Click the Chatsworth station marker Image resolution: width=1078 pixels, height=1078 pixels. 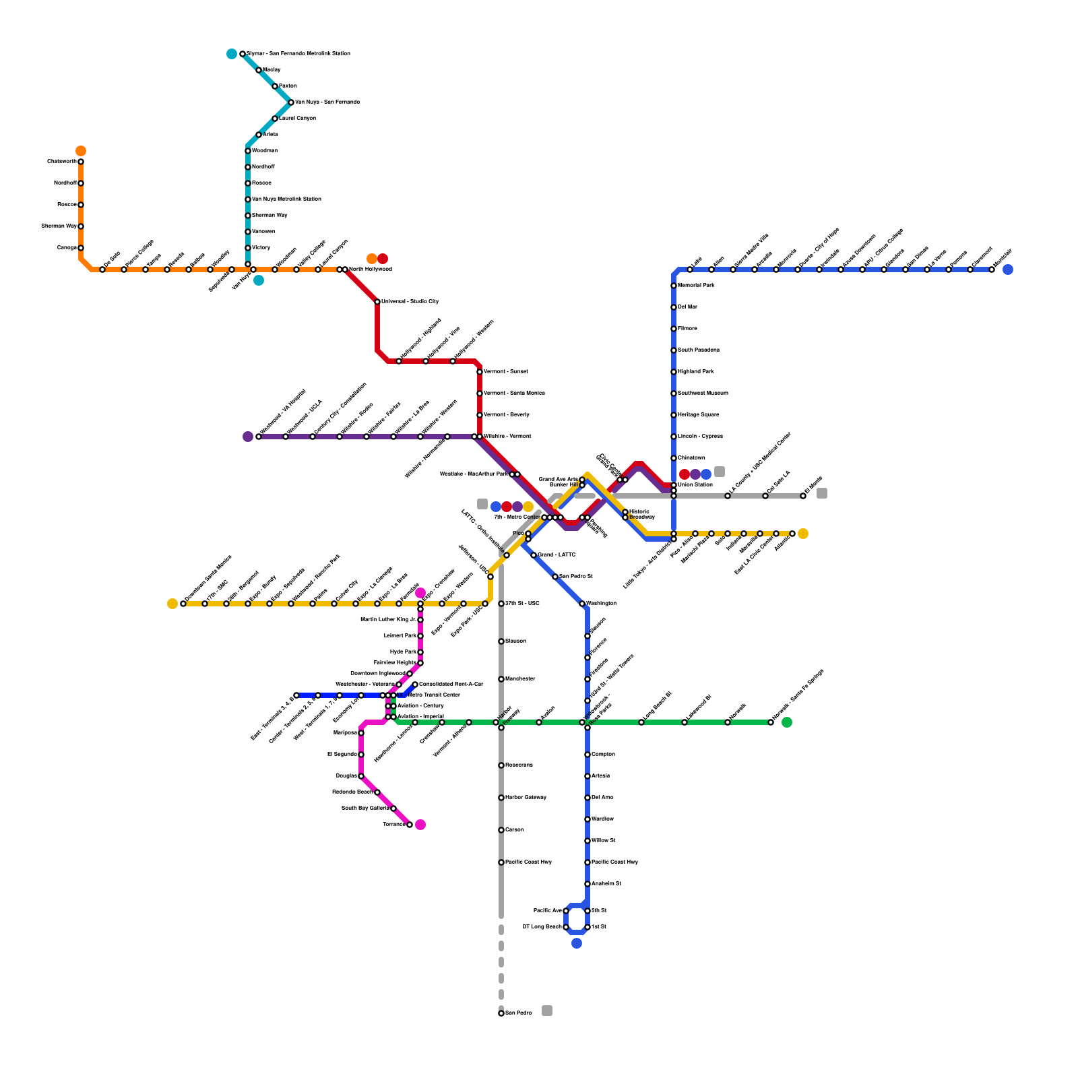coord(81,162)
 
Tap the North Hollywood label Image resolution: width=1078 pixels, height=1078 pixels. coord(370,269)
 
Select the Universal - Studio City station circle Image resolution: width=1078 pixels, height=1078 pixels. coord(377,302)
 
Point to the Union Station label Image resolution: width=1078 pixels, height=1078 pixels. coord(695,485)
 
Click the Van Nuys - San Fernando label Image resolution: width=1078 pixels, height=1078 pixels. coord(327,102)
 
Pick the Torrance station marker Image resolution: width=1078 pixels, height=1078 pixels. coord(410,825)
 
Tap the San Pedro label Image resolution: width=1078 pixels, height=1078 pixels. coord(519,1013)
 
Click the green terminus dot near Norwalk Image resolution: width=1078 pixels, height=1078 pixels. coord(787,722)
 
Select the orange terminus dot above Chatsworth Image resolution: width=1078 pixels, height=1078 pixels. coord(81,151)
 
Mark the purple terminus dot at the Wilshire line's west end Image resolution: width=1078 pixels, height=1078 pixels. coord(248,437)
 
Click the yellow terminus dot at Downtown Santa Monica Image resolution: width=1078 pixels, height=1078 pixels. coord(172,604)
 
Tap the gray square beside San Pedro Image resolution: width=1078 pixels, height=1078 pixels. coord(547,1011)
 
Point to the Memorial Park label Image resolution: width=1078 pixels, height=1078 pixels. coord(696,286)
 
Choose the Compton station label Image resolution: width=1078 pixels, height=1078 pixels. coord(603,755)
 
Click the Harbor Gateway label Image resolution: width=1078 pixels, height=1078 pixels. coord(526,798)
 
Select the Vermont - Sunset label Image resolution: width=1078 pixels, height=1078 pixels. coord(505,372)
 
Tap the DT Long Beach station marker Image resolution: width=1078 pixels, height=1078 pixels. coord(566,927)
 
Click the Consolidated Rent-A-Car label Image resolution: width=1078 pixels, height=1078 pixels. coord(451,685)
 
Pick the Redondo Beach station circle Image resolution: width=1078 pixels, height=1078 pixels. coord(377,792)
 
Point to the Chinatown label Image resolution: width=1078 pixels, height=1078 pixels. coord(692,458)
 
